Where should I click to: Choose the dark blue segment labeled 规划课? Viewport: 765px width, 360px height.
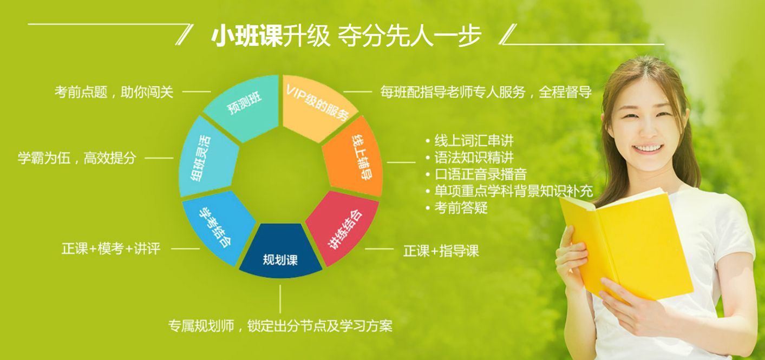pos(280,253)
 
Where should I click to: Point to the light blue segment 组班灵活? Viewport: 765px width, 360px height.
pos(207,157)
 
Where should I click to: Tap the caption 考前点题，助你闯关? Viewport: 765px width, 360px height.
pos(114,92)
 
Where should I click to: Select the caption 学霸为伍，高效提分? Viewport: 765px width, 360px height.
pos(77,158)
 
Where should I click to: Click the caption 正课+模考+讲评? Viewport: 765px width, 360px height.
pos(111,248)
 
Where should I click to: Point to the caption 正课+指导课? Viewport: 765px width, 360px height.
pos(441,251)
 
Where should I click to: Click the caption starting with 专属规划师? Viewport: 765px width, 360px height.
pos(280,325)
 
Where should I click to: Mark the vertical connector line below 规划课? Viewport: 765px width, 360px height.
pos(280,299)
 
